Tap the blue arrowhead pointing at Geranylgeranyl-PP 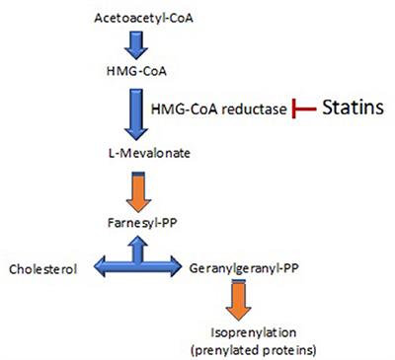(175, 266)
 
